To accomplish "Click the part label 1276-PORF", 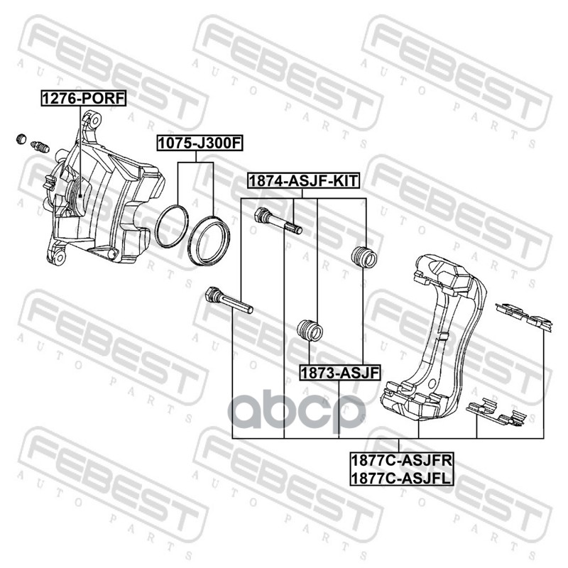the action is click(x=84, y=98).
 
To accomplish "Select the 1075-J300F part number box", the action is click(x=200, y=143).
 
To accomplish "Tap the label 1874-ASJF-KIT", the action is click(x=303, y=180).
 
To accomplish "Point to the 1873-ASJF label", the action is click(x=340, y=372).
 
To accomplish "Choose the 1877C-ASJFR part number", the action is click(x=402, y=460).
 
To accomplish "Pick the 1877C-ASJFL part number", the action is click(x=402, y=478).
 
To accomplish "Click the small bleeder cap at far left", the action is click(x=22, y=138).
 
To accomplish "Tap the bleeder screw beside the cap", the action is click(x=40, y=147).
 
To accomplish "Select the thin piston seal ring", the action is click(x=172, y=226).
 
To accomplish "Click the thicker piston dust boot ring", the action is click(x=209, y=240).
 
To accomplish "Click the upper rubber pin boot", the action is click(x=364, y=257).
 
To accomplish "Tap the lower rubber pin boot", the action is click(x=310, y=330).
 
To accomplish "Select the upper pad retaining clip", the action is click(x=524, y=316).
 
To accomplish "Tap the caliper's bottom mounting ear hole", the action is click(x=60, y=258).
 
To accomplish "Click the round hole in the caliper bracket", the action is click(x=431, y=384).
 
